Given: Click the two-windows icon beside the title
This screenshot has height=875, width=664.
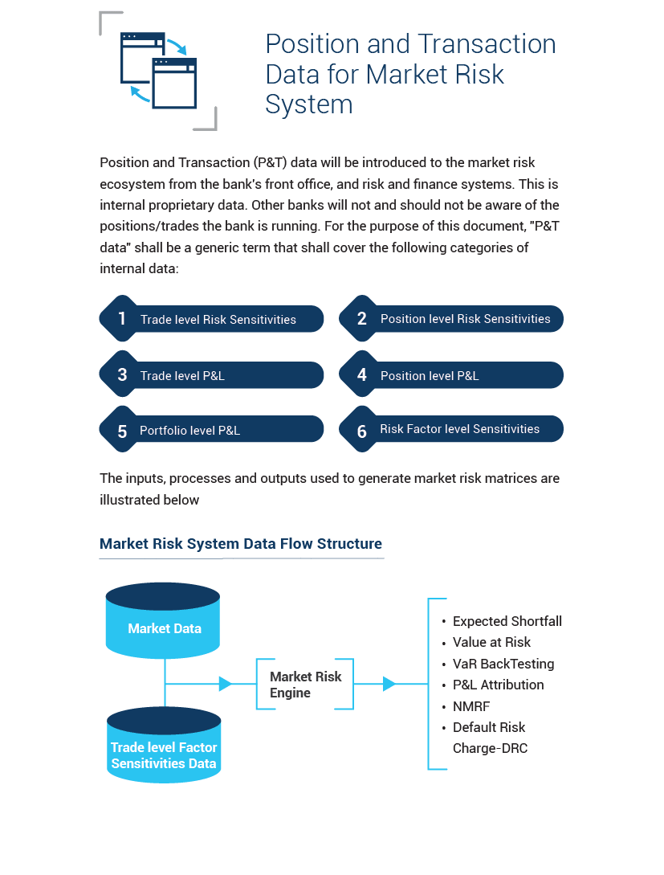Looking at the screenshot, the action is (159, 71).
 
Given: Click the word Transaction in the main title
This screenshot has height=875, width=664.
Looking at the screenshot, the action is (487, 44).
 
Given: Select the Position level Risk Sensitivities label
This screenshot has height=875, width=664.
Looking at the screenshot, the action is (465, 319).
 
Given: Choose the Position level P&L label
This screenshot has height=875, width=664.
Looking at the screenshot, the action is (430, 375).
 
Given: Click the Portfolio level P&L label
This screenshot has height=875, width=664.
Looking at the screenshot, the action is (189, 430).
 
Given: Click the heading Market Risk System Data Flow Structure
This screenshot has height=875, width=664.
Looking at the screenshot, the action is (241, 543).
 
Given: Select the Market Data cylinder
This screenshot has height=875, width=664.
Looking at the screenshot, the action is (163, 620).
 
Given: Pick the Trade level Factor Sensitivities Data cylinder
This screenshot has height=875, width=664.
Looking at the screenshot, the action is (164, 745).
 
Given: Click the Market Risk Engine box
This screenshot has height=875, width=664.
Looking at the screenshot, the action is (305, 684).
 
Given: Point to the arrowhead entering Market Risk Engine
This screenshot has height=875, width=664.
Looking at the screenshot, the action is (226, 684).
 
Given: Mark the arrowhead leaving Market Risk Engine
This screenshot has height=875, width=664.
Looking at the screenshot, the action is (389, 684).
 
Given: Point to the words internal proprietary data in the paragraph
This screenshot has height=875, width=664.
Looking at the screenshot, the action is (173, 206).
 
